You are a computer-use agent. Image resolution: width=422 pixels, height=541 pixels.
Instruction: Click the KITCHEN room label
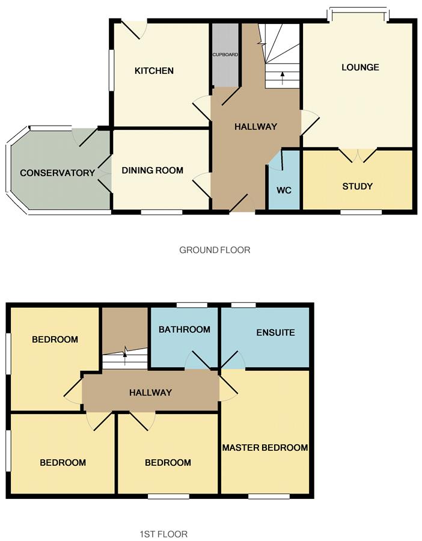click(x=154, y=71)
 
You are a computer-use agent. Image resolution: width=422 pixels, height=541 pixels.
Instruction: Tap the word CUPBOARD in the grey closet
click(x=225, y=55)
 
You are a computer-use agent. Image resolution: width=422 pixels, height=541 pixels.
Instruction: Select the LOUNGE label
click(x=360, y=67)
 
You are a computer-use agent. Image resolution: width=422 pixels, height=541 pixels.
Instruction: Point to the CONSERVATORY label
click(x=57, y=173)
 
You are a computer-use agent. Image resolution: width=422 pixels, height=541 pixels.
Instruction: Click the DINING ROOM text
click(x=152, y=171)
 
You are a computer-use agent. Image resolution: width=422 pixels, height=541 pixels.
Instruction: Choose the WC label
click(x=284, y=191)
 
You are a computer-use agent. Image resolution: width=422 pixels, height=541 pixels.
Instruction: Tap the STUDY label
click(x=357, y=186)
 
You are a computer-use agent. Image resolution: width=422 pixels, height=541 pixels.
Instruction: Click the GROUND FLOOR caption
click(x=215, y=250)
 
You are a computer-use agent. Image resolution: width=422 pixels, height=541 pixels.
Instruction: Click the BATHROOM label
click(x=184, y=329)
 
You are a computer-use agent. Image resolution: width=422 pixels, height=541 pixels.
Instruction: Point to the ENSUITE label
click(x=275, y=332)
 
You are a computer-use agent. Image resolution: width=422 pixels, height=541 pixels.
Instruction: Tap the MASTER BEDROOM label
click(x=265, y=448)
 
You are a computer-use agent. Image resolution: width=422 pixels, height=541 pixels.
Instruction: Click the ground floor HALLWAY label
click(x=255, y=127)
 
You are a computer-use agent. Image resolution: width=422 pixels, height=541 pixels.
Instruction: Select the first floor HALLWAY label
click(x=150, y=393)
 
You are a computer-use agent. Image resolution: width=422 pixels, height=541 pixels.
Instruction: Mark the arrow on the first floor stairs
click(x=124, y=359)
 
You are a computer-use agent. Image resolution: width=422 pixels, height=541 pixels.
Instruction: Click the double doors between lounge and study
click(x=358, y=153)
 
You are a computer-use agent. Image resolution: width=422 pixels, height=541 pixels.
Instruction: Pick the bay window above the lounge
click(x=358, y=11)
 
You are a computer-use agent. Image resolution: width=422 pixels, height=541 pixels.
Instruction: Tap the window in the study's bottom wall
click(x=361, y=212)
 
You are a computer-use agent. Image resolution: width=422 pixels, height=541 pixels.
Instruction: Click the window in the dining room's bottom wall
click(x=161, y=212)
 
